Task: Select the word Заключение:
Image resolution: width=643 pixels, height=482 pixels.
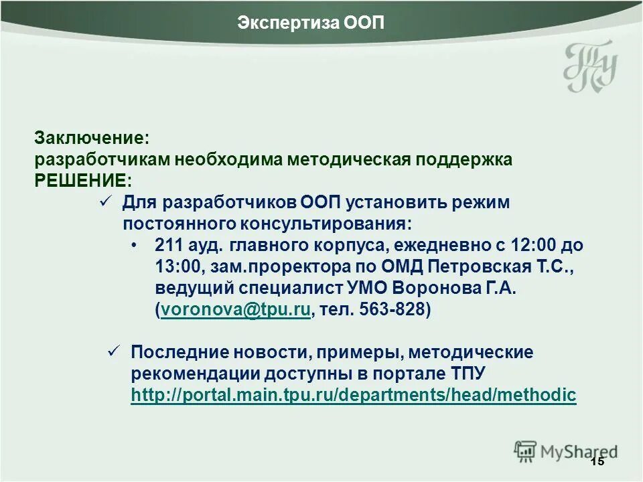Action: coord(92,139)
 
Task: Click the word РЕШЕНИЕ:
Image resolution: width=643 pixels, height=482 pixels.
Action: coord(84,181)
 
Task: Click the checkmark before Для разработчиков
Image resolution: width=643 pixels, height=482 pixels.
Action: coord(105,202)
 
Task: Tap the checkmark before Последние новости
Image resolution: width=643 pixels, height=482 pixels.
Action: coord(114,351)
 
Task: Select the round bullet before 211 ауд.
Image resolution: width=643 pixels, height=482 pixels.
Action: coord(137,245)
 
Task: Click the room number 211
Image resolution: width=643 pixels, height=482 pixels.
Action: coord(168,245)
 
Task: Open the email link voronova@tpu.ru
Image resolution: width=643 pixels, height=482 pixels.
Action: coord(235,310)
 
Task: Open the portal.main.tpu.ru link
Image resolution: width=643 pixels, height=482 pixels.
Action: coord(353,395)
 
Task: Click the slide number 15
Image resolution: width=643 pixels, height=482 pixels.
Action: coord(597,463)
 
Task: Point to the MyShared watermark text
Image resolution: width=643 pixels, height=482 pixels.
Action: coord(579,452)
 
